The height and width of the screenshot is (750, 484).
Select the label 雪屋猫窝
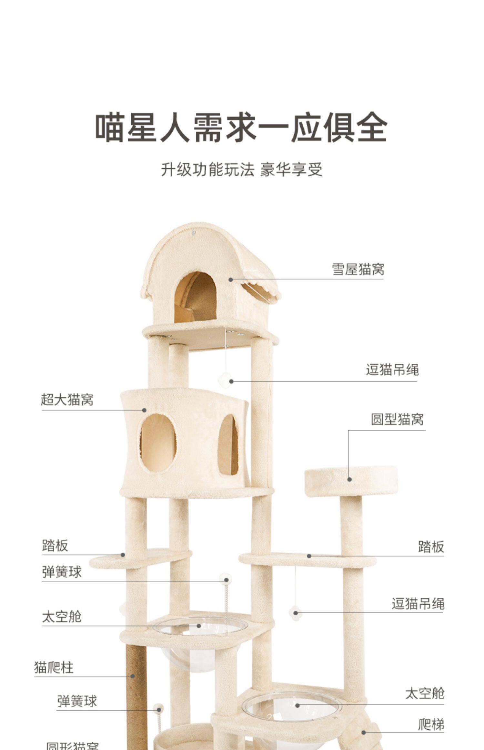(x=358, y=269)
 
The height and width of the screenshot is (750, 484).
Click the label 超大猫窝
(x=67, y=400)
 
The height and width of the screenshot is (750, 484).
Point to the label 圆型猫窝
(x=397, y=419)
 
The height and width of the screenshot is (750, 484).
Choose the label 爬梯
(x=431, y=724)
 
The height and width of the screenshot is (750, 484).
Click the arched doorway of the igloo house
(x=196, y=297)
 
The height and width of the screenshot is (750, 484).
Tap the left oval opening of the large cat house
(x=158, y=443)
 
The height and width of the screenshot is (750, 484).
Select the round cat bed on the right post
(x=351, y=481)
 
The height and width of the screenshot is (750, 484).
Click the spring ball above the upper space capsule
(x=225, y=579)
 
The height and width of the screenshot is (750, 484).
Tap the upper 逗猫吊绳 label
(x=392, y=370)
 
